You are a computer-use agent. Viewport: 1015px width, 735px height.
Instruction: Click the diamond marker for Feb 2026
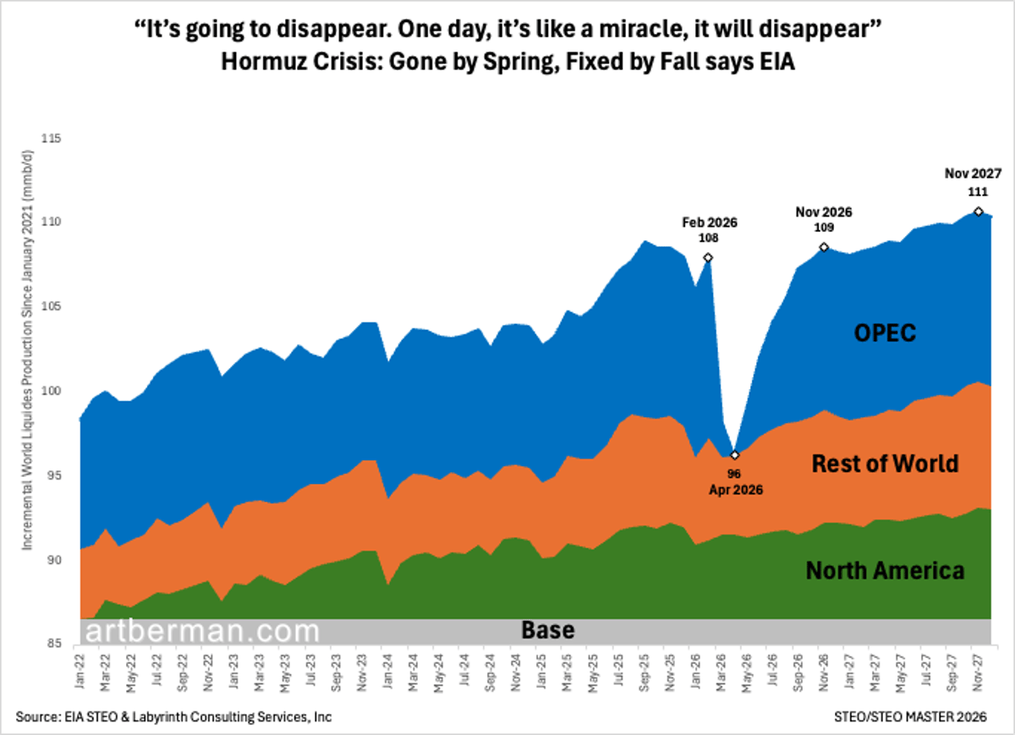coord(708,257)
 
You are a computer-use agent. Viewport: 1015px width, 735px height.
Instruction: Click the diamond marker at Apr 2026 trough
coord(735,455)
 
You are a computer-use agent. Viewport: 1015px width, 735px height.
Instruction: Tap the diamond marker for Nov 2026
coord(824,247)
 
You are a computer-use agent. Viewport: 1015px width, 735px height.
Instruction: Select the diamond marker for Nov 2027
coord(978,211)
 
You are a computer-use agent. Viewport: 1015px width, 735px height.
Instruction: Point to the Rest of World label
coord(885,463)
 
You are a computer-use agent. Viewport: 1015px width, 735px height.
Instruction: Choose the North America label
coord(885,571)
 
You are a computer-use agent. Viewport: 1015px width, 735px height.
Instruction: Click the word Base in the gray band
coord(547,631)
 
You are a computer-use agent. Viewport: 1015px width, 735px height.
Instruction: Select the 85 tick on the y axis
coord(58,643)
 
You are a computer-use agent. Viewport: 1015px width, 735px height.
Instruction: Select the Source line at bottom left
coord(173,716)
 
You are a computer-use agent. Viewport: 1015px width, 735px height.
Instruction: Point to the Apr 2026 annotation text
coord(734,488)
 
